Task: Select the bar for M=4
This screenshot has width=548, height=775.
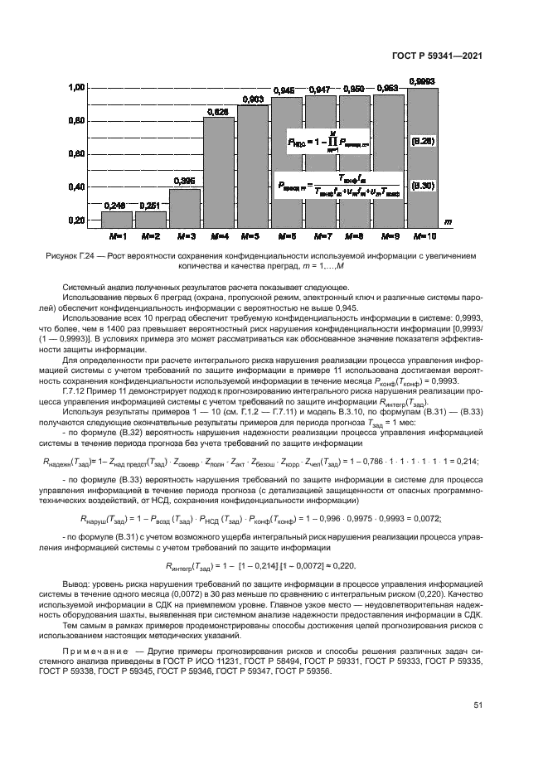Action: [x=218, y=172]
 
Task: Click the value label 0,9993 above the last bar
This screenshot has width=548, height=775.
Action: [x=422, y=80]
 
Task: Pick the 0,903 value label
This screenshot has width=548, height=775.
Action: [x=252, y=99]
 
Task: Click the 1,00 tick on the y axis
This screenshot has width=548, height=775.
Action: [x=76, y=87]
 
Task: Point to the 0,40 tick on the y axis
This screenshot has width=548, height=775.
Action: [x=76, y=188]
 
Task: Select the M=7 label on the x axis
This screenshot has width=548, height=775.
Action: [x=320, y=235]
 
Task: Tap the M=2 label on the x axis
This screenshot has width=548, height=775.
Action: [x=150, y=235]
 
